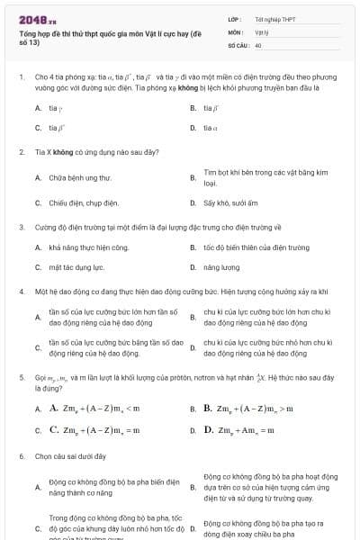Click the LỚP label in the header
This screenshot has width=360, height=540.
pos(235,18)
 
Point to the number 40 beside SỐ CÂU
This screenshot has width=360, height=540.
pos(258,44)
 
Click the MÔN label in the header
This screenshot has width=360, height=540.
pos(235,31)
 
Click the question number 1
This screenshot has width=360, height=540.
pos(21,77)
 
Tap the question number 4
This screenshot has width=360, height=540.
pos(21,292)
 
